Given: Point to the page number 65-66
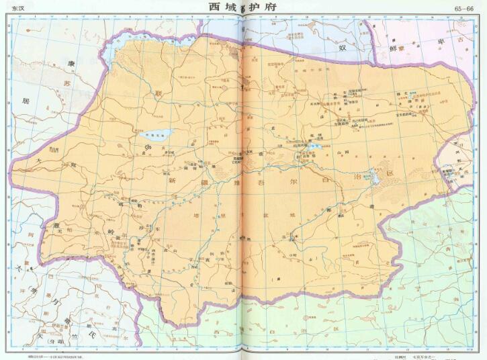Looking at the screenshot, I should click(x=463, y=8).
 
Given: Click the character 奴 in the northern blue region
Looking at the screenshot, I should click(x=342, y=48).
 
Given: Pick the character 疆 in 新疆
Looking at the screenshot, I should click(x=202, y=182).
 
